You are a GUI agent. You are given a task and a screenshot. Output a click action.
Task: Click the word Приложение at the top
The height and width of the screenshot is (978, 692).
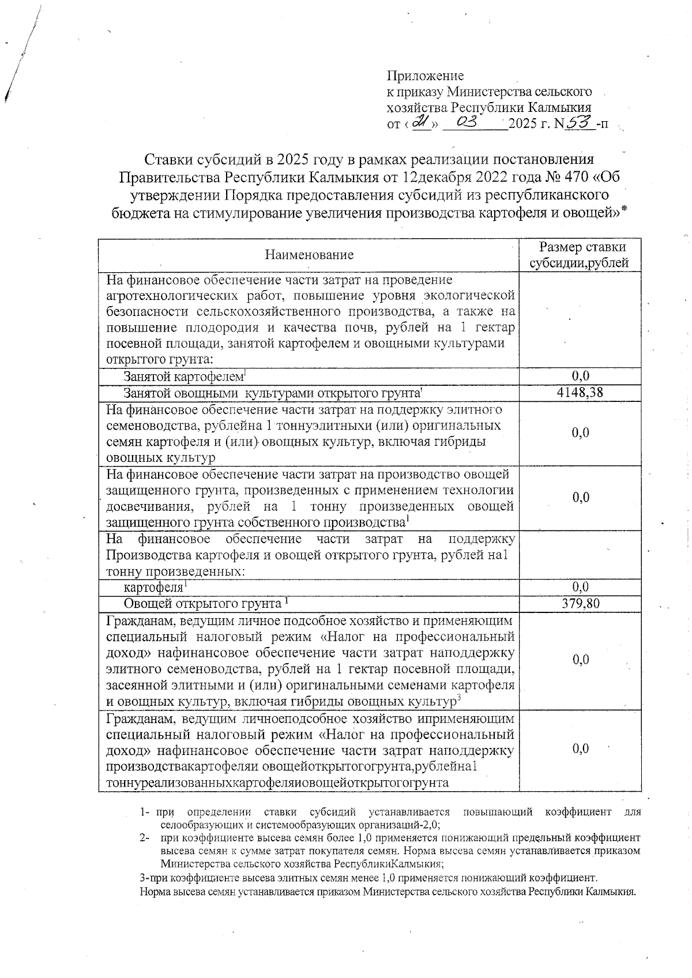pyautogui.click(x=424, y=76)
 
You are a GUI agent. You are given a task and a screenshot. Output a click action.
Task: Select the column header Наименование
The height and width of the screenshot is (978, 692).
pyautogui.click(x=309, y=255)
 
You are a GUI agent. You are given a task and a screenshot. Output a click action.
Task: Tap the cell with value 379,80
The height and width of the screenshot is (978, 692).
pyautogui.click(x=580, y=603)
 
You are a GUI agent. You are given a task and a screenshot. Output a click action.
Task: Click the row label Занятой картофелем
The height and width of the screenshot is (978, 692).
pyautogui.click(x=183, y=377)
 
